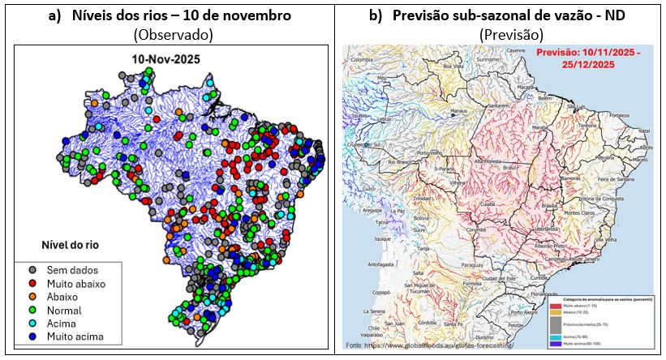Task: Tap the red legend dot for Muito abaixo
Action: pyautogui.click(x=32, y=283)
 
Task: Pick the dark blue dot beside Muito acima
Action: pyautogui.click(x=32, y=335)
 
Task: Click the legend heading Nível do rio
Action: pyautogui.click(x=72, y=244)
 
